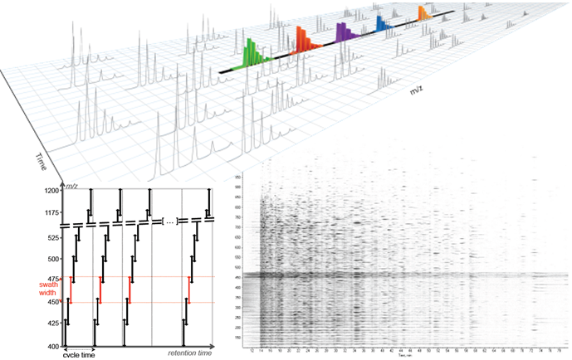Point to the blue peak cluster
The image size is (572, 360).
pyautogui.click(x=381, y=25)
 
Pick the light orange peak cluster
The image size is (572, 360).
pyautogui.click(x=423, y=15)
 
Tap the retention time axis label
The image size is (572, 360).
pyautogui.click(x=192, y=354)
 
